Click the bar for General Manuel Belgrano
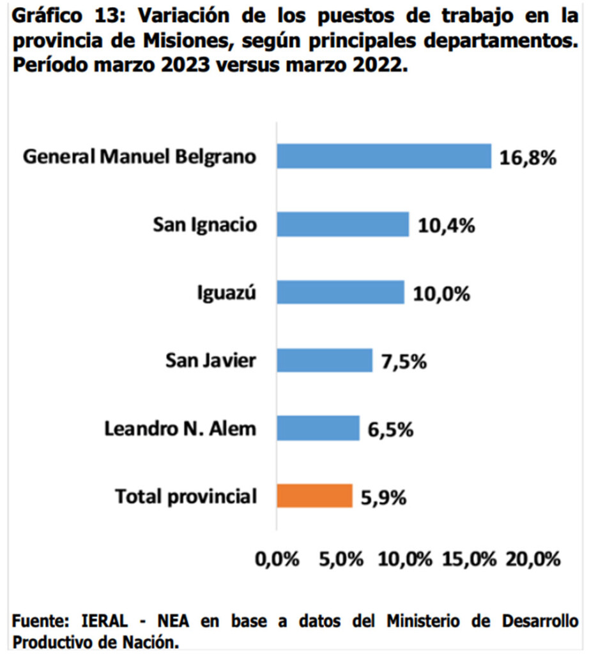click(x=383, y=156)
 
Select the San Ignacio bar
click(x=342, y=224)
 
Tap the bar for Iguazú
click(x=340, y=293)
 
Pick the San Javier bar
click(x=324, y=360)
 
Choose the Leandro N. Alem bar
click(x=317, y=428)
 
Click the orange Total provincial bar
click(x=314, y=496)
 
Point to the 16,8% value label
click(x=528, y=158)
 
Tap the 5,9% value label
click(x=383, y=497)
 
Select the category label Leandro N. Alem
click(x=180, y=429)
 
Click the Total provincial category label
click(x=185, y=496)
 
